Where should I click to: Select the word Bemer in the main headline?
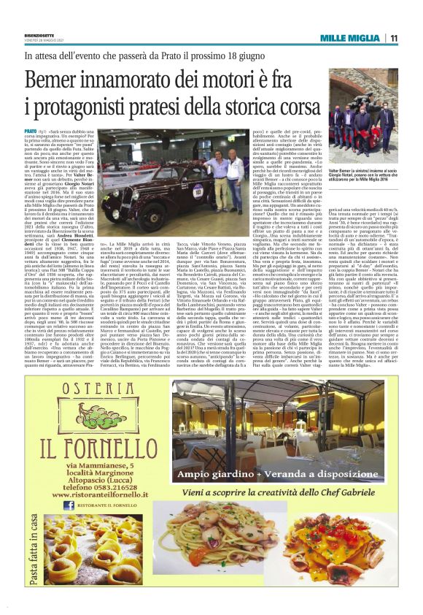[59, 80]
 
